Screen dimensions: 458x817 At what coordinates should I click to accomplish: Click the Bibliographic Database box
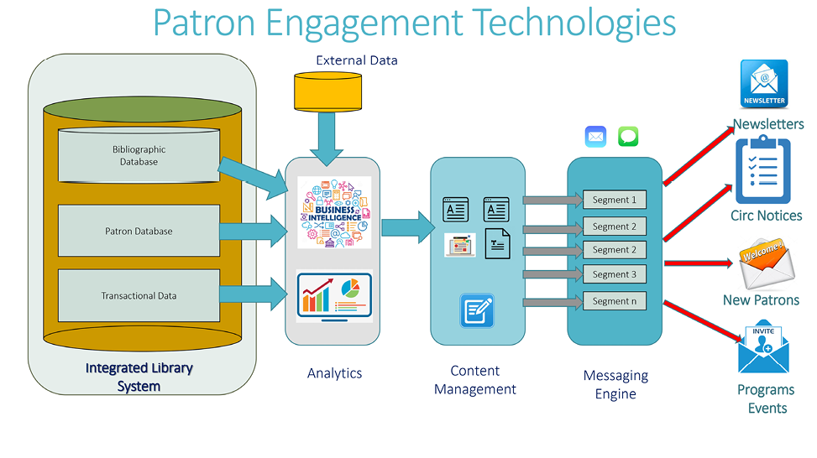pos(139,156)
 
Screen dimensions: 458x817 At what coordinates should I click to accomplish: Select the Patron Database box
pos(139,231)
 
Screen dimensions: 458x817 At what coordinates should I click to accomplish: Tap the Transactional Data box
pos(139,296)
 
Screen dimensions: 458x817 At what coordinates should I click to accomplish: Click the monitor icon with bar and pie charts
pos(333,296)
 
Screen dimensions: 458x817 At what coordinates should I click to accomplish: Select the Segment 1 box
pos(615,200)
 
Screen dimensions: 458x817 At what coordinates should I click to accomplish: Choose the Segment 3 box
pos(615,274)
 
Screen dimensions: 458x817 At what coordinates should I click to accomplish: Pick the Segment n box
pos(615,300)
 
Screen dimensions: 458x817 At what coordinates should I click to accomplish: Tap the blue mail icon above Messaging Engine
pos(596,137)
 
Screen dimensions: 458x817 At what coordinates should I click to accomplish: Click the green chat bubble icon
pos(628,137)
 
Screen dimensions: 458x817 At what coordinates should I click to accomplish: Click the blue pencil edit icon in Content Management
pos(477,310)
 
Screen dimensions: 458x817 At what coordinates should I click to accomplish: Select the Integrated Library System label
pos(139,377)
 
